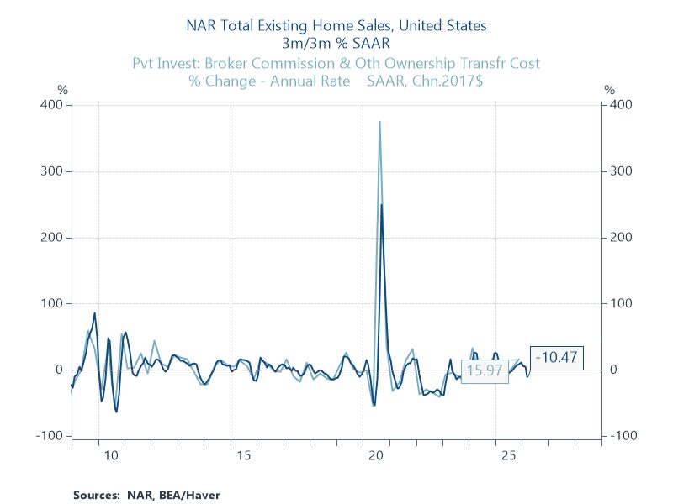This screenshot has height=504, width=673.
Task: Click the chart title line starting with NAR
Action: click(x=336, y=26)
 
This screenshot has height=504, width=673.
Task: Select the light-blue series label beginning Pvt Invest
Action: click(x=336, y=63)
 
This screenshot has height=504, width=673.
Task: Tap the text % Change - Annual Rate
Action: click(x=270, y=81)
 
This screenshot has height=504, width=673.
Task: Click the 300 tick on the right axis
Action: click(x=621, y=171)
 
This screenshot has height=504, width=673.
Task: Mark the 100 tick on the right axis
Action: click(x=621, y=303)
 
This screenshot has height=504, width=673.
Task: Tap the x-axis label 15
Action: click(x=243, y=455)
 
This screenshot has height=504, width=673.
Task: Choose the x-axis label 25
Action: click(x=508, y=455)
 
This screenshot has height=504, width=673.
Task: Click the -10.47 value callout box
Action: click(x=557, y=358)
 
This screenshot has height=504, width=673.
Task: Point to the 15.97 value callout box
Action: click(x=485, y=370)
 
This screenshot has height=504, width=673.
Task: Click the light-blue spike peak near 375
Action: click(x=379, y=122)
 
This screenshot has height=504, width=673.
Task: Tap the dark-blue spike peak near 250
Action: click(x=381, y=204)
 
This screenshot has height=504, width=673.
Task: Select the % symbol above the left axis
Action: click(x=61, y=90)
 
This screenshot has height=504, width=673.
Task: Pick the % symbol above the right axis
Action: click(x=609, y=90)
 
